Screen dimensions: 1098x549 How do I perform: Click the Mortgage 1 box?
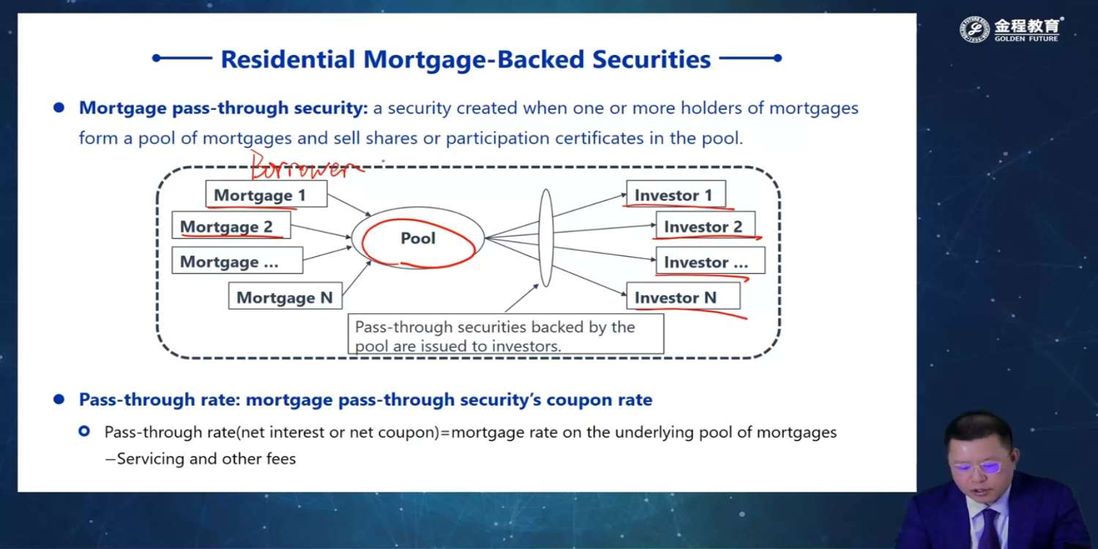(x=266, y=194)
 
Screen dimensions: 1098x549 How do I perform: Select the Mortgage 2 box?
(x=231, y=225)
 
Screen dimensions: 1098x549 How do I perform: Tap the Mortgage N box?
(x=285, y=296)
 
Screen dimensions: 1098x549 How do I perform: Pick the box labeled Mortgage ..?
(x=237, y=260)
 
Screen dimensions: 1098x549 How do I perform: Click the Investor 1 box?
(x=676, y=194)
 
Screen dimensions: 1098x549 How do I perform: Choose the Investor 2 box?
(x=706, y=225)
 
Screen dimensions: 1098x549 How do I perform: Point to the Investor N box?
(x=683, y=296)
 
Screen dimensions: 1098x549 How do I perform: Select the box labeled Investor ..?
(x=710, y=261)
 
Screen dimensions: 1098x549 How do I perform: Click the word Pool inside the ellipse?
(x=418, y=238)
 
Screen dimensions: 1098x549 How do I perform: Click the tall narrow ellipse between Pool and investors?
(x=546, y=238)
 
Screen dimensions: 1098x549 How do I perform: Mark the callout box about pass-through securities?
(x=506, y=334)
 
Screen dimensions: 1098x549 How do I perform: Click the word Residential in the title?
(x=288, y=59)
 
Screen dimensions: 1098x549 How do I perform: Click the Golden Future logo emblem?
(x=974, y=29)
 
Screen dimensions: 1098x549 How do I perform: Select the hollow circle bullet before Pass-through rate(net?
(x=84, y=431)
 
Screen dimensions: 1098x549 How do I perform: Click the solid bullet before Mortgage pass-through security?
(x=59, y=108)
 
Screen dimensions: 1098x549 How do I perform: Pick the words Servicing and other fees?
(x=206, y=459)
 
